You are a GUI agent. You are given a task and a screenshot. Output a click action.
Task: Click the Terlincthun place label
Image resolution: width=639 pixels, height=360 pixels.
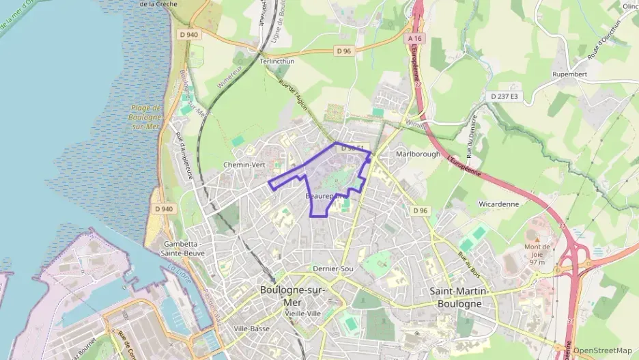click(276, 61)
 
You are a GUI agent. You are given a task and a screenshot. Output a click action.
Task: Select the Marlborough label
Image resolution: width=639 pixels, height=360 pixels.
click(418, 154)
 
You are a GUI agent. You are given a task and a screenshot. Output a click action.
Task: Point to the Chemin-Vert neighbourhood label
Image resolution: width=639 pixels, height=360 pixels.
click(244, 165)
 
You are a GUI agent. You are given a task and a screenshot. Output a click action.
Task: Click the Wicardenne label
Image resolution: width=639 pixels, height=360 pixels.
click(498, 204)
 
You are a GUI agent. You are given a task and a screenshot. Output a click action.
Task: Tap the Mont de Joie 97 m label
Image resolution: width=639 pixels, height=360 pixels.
click(537, 253)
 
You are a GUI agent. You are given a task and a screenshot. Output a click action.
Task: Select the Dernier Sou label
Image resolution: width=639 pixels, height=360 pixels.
click(332, 269)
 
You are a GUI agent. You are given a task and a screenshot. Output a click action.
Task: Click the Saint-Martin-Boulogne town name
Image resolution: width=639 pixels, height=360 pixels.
click(460, 297)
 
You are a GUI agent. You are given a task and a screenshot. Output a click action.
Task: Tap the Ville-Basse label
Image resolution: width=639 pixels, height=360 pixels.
click(251, 329)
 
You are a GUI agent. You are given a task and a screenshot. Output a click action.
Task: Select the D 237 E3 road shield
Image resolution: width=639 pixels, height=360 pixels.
click(504, 97)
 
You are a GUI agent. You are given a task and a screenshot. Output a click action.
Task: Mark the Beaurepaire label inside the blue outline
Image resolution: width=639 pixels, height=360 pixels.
click(324, 196)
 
